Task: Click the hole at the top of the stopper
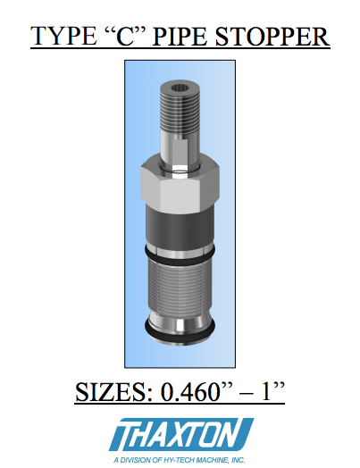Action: tap(179, 88)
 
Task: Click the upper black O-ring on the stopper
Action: tap(180, 256)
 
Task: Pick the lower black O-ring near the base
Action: tap(180, 337)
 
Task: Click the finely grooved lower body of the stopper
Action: tap(180, 286)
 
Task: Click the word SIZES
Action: tap(114, 390)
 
